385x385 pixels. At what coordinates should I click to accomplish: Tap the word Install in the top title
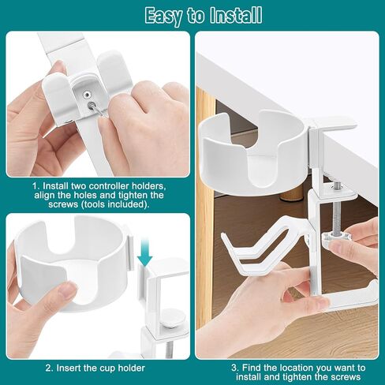pyautogui.click(x=233, y=15)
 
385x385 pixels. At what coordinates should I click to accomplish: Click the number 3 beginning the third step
pyautogui.click(x=234, y=368)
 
